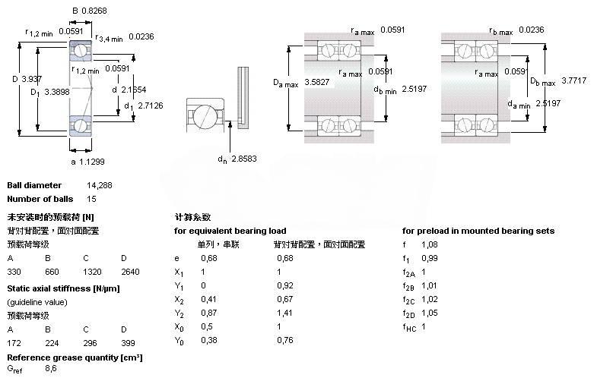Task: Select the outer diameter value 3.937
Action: pos(31,79)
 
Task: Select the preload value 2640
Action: pos(129,271)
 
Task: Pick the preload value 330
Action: pos(14,271)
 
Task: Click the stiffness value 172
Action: pos(14,343)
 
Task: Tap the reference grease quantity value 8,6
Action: pos(51,369)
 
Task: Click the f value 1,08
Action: pos(429,244)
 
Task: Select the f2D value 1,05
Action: pos(429,313)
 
